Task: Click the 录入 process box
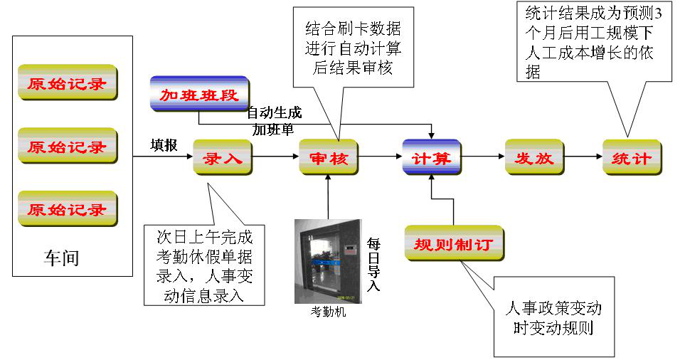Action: [223, 158]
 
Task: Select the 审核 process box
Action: [328, 158]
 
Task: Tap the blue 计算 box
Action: [432, 158]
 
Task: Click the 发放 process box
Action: [534, 158]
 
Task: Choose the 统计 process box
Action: [632, 158]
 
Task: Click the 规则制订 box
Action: [454, 244]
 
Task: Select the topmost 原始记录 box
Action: [68, 83]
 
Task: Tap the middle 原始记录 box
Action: [68, 147]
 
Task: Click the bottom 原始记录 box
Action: [68, 209]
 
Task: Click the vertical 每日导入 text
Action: [373, 263]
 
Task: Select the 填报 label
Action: [164, 144]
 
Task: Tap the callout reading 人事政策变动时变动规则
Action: [553, 318]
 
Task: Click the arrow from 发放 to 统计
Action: [583, 157]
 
